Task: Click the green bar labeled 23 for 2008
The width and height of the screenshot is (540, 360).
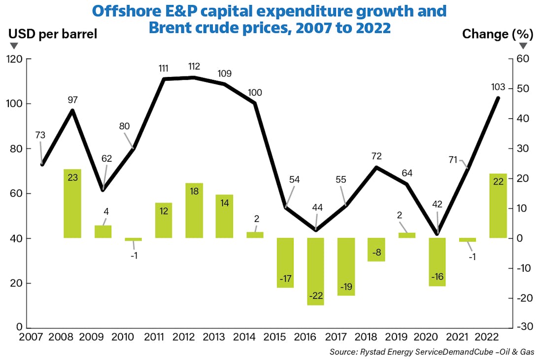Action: pyautogui.click(x=72, y=203)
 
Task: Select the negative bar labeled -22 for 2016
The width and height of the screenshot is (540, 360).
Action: pyautogui.click(x=316, y=271)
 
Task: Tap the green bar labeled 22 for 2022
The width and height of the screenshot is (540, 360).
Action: pyautogui.click(x=498, y=206)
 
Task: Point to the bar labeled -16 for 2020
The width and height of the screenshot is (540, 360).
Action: pyautogui.click(x=438, y=262)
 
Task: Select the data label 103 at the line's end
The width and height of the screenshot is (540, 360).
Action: pyautogui.click(x=498, y=87)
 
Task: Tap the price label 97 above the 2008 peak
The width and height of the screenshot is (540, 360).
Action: pyautogui.click(x=72, y=100)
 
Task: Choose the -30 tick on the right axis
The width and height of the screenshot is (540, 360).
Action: pyautogui.click(x=524, y=327)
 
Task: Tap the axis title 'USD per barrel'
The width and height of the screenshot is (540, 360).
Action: pyautogui.click(x=53, y=34)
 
